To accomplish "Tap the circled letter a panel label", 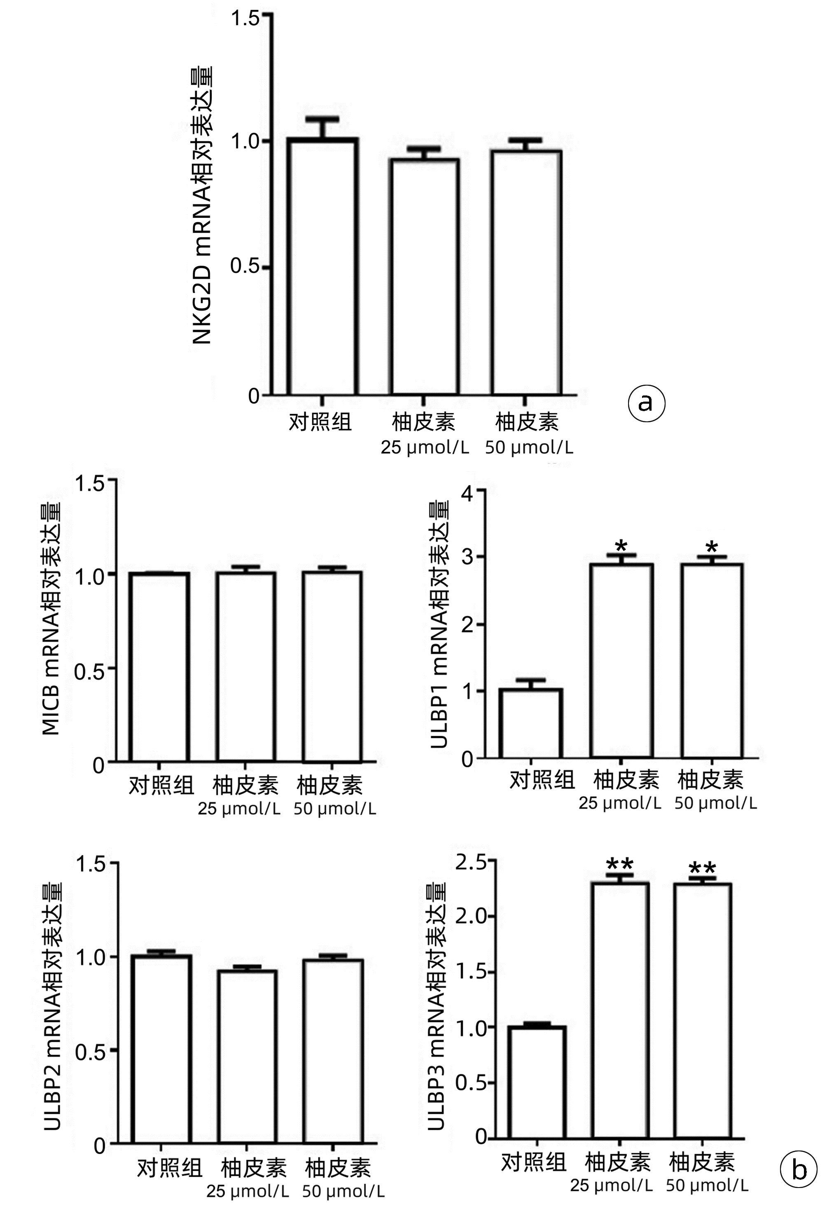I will tap(647, 402).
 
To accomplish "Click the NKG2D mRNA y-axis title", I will tap(202, 206).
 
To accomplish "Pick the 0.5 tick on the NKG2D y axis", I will tap(245, 267).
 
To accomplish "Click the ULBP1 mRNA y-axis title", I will tap(439, 624).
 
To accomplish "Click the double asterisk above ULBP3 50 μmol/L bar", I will tap(702, 868).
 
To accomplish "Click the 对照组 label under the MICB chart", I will tap(161, 785).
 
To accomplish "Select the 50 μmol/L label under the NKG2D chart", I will tap(529, 447).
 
